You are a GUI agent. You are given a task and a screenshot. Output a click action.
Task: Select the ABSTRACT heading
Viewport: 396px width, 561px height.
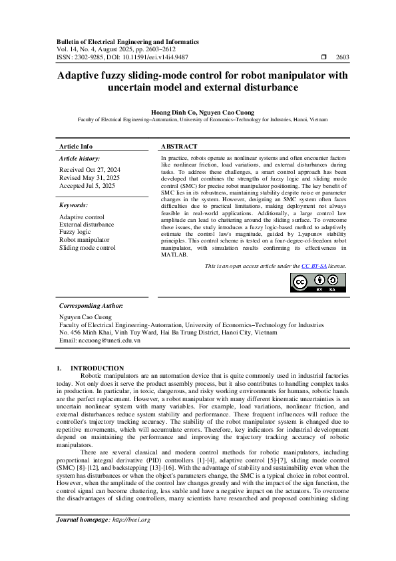[179, 146]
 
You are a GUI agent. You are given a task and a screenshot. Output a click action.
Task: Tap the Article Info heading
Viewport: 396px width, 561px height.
[76, 146]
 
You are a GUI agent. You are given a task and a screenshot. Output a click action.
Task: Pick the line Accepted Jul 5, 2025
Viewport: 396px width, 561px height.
[87, 186]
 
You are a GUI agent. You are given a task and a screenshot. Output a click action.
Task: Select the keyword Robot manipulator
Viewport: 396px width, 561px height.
[83, 239]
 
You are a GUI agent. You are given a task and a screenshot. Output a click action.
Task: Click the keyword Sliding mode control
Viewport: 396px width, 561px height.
[87, 247]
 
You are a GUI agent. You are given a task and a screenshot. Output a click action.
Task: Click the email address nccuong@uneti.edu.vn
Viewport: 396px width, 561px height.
[100, 340]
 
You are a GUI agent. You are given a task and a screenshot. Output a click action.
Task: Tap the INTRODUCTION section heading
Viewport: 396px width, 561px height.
[97, 368]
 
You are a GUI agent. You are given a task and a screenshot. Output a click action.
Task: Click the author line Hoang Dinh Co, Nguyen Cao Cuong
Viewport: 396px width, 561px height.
[198, 112]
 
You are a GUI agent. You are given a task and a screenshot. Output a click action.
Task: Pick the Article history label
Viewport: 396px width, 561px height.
[80, 159]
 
